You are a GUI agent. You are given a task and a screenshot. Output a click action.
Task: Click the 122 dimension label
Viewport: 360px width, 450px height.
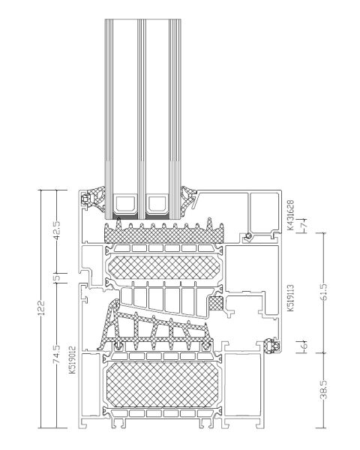click(x=42, y=307)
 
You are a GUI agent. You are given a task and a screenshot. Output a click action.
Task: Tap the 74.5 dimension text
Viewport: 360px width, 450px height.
click(x=56, y=355)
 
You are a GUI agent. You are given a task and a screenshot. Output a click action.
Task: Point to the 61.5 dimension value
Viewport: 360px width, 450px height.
click(x=324, y=292)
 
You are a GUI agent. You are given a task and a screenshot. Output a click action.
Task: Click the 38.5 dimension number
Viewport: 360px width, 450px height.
click(x=324, y=389)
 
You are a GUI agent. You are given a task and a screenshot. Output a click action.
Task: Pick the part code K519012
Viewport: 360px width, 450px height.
click(x=72, y=359)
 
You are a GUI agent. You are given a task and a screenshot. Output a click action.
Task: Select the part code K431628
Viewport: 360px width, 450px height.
click(x=290, y=215)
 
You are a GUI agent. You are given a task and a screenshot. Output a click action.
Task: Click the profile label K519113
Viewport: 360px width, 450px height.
click(x=290, y=298)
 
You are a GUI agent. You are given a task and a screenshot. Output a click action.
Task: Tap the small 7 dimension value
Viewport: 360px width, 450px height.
click(x=305, y=223)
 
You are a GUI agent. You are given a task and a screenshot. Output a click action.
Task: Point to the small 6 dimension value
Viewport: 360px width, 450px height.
click(x=305, y=345)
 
